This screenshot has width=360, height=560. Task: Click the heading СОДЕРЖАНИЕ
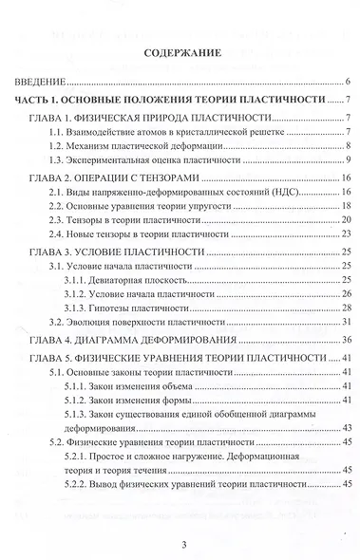(x=180, y=54)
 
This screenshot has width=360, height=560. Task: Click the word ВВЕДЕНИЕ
(x=43, y=82)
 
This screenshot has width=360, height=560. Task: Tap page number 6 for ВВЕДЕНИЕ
(x=351, y=82)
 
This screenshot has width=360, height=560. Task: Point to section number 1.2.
(x=59, y=146)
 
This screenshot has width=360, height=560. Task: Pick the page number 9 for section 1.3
(x=351, y=161)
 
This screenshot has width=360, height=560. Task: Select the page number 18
(x=349, y=206)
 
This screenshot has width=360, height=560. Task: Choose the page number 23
(x=349, y=233)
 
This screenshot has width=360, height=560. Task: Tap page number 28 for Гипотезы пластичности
(x=349, y=310)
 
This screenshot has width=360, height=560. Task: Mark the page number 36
(x=349, y=340)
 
